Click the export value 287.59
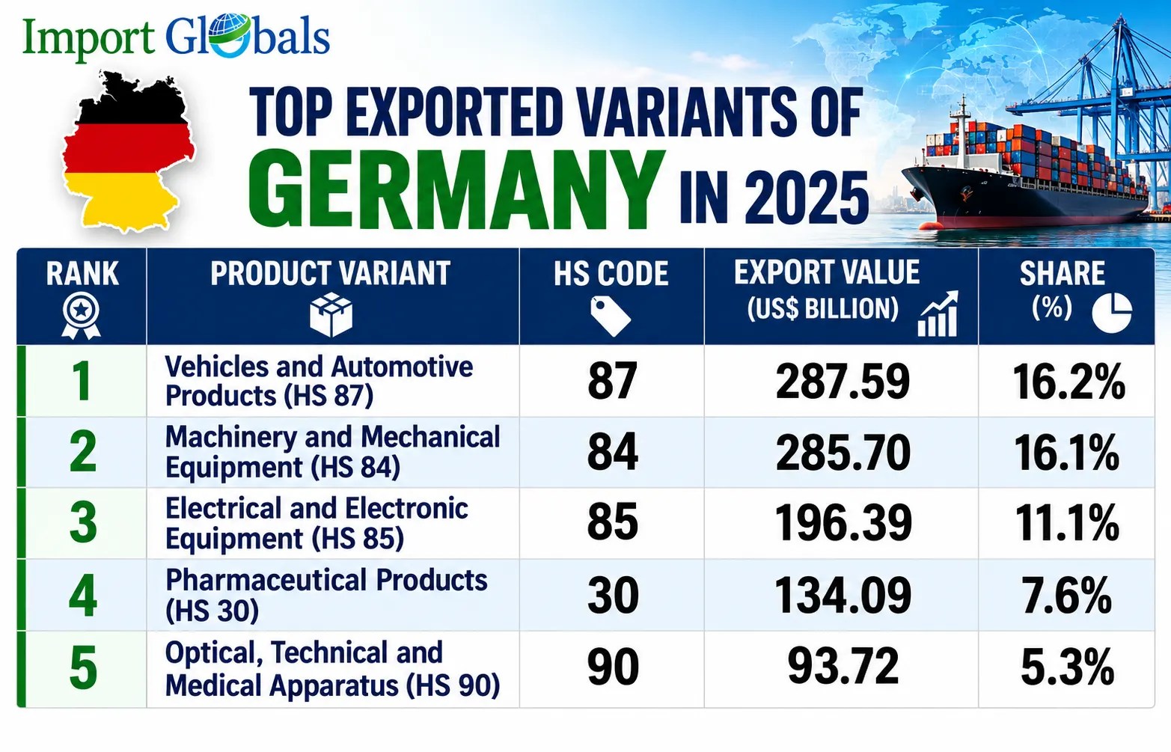(x=843, y=381)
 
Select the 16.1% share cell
(x=1066, y=453)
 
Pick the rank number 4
(x=82, y=595)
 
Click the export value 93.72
(x=843, y=666)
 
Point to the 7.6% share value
(x=1066, y=595)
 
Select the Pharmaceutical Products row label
(x=326, y=595)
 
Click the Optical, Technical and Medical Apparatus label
(x=332, y=669)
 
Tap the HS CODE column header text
(x=611, y=273)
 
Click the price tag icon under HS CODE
(x=610, y=316)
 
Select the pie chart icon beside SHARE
(x=1112, y=313)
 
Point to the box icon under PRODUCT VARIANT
(x=331, y=314)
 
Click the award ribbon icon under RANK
(x=81, y=315)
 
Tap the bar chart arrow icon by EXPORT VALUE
(x=938, y=314)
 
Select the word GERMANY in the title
(x=456, y=190)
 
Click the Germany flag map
(x=128, y=152)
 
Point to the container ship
(x=1024, y=178)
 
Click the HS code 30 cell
(x=612, y=595)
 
